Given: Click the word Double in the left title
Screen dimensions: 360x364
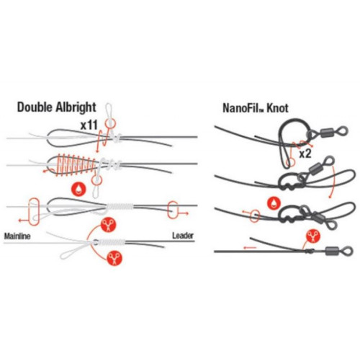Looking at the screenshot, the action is coord(35,107).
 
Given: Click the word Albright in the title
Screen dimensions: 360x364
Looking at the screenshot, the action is coord(76,107).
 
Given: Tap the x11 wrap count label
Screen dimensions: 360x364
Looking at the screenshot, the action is coord(89,125).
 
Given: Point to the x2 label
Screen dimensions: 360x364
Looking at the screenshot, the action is coord(305,154).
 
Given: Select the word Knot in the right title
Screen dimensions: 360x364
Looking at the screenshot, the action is coord(278,108).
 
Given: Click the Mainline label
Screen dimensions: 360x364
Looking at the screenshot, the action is coord(17,236).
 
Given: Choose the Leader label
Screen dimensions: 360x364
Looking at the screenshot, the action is coord(183,236).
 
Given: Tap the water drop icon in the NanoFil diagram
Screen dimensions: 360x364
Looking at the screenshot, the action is coord(274,203).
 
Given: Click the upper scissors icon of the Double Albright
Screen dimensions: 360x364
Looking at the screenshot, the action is coord(108,225).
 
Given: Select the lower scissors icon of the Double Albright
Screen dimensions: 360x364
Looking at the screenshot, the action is coord(114,258).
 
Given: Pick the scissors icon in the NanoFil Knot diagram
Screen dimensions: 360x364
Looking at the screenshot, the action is coord(313,236).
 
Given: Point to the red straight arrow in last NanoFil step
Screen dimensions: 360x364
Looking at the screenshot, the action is coord(251,247).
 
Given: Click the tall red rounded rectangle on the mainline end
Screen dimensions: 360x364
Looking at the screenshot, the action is coord(34,212).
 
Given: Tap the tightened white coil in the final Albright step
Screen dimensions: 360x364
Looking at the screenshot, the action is coord(112,242).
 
